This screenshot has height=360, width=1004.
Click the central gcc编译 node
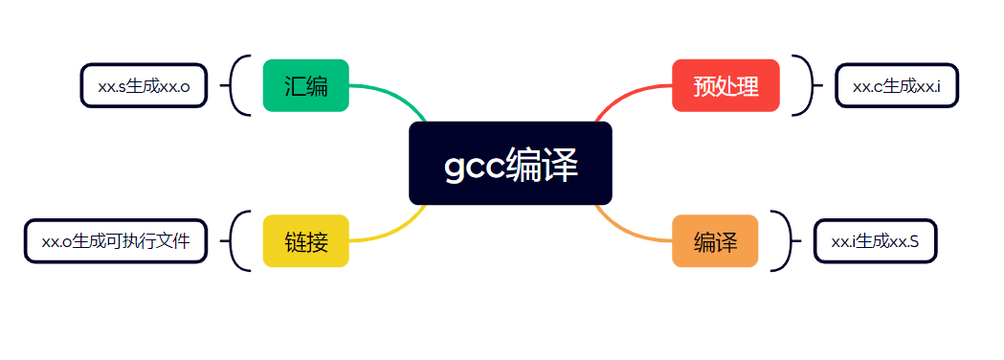tap(510, 164)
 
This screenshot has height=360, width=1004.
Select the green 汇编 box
tap(306, 85)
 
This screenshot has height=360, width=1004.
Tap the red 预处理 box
tap(725, 85)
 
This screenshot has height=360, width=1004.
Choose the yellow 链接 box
tap(306, 241)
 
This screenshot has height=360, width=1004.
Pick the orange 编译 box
tap(715, 241)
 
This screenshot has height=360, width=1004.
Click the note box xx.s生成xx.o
tap(145, 85)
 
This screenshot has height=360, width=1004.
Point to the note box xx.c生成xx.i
tap(897, 85)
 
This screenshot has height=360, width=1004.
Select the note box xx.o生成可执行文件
tap(116, 241)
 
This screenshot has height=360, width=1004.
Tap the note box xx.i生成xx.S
tap(876, 241)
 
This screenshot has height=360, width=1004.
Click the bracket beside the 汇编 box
tap(231, 85)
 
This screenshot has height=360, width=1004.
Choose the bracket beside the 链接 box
tap(231, 241)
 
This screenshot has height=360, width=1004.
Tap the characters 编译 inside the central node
tap(542, 164)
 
